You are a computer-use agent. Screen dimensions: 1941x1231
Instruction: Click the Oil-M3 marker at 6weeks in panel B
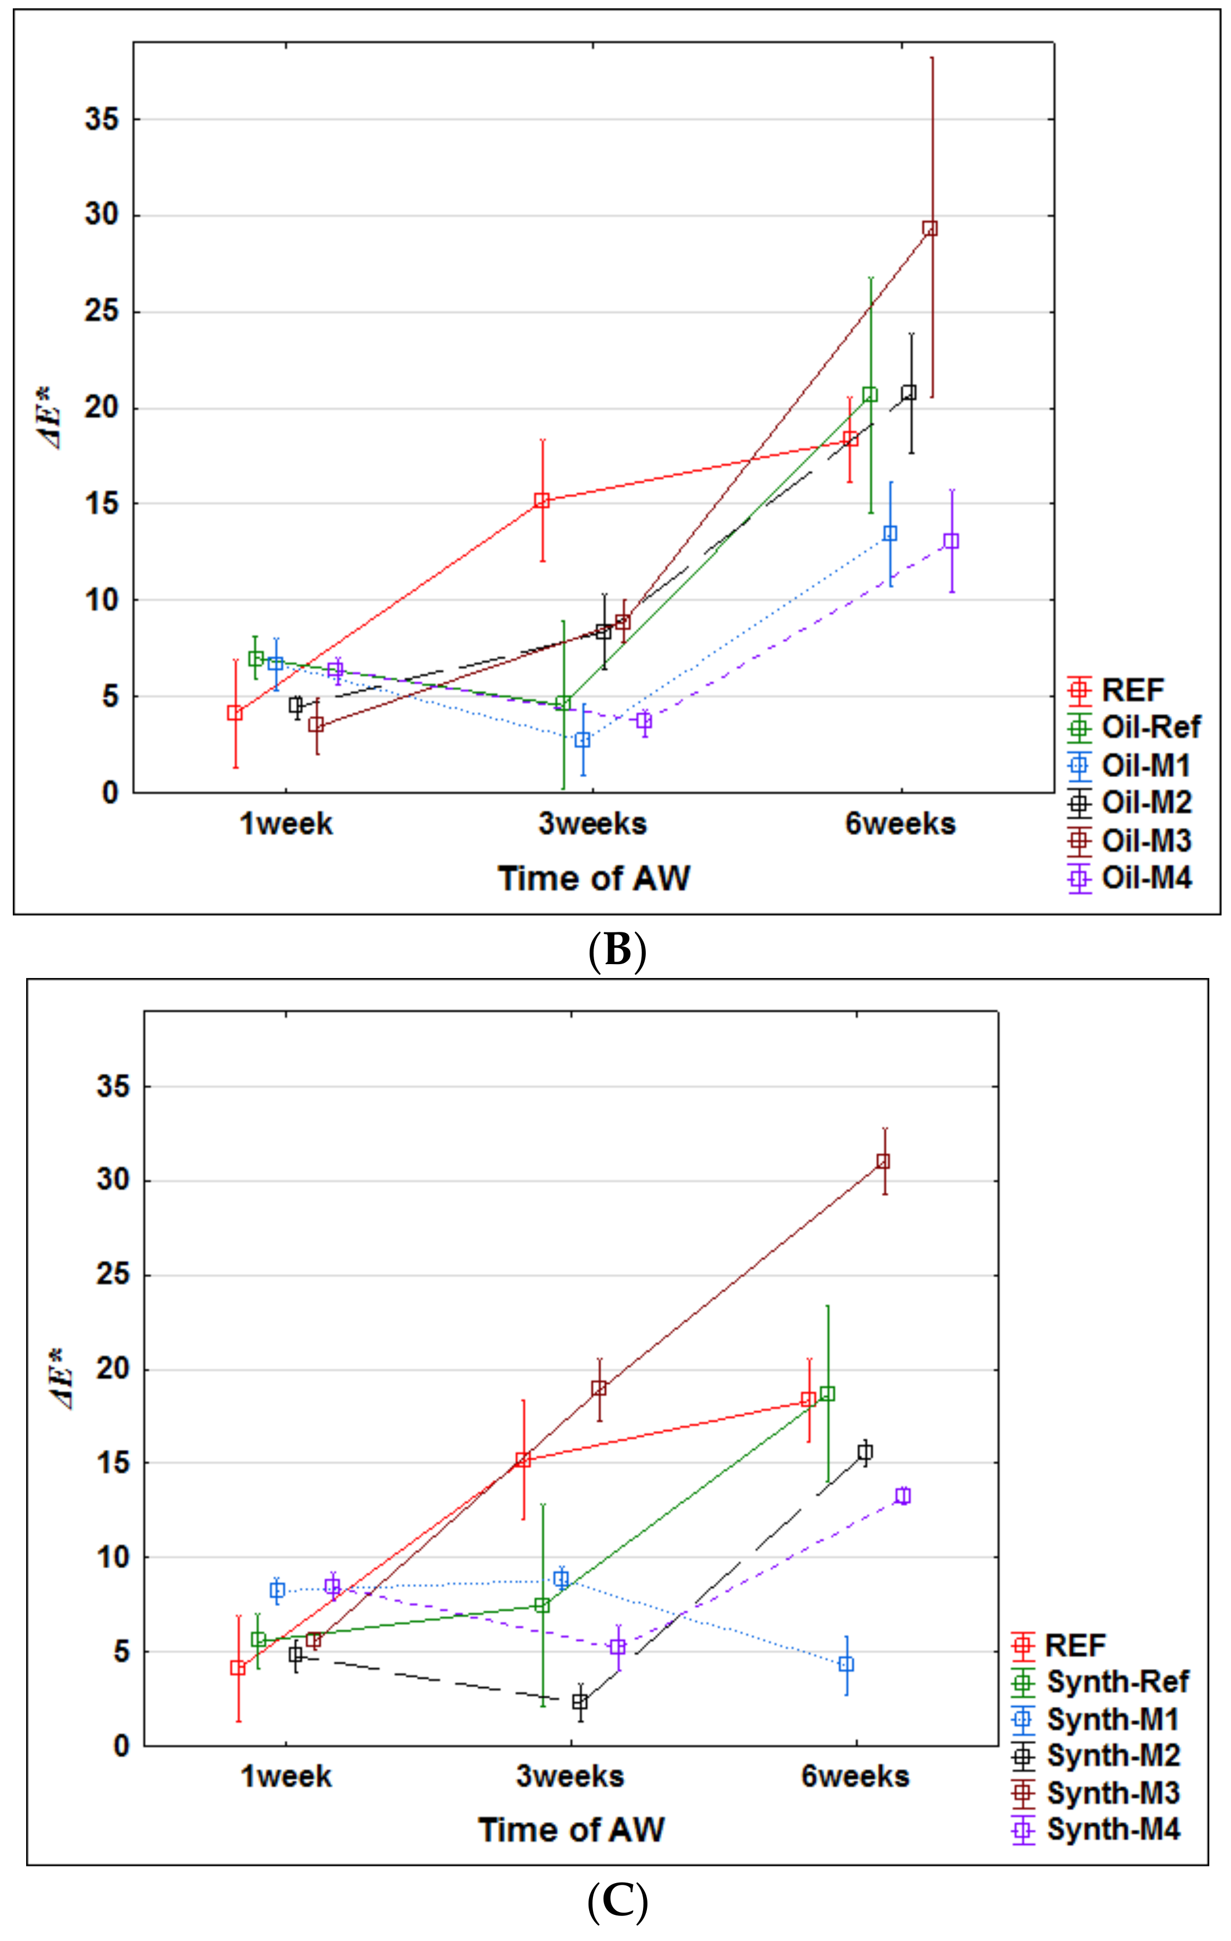[930, 228]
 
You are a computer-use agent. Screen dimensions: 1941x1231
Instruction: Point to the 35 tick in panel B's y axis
[102, 119]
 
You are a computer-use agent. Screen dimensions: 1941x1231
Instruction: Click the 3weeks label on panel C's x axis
[570, 1776]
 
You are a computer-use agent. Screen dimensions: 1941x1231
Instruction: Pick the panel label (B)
[617, 950]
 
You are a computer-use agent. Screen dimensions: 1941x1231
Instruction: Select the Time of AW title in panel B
[594, 878]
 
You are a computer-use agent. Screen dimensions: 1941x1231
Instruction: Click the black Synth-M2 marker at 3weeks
[580, 1702]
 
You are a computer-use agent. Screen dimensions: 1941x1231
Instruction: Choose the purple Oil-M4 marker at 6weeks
[951, 541]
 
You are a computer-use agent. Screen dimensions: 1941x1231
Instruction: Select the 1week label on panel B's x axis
[286, 824]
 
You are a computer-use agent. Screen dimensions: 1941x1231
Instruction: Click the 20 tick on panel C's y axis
[113, 1370]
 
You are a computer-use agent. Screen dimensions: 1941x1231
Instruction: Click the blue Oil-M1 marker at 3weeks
[582, 739]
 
